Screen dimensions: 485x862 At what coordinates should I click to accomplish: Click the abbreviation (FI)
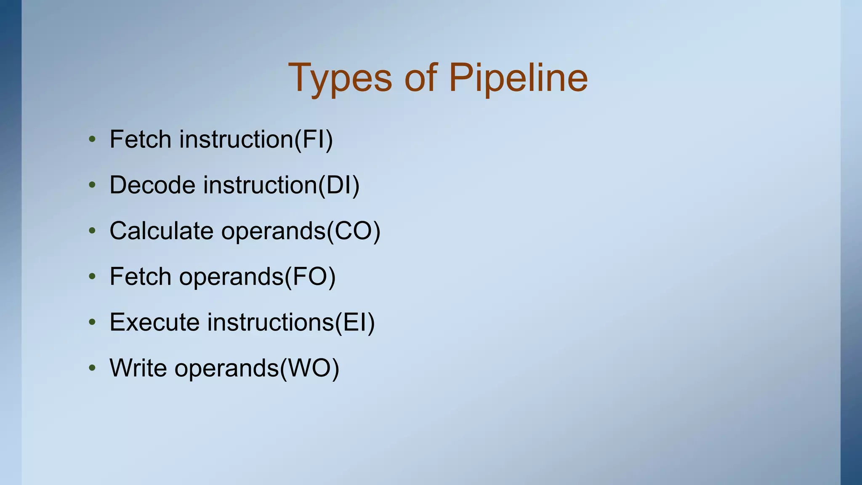(314, 139)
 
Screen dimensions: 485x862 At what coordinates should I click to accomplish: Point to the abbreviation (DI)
(339, 185)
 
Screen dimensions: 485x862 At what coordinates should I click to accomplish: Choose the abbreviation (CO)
(354, 231)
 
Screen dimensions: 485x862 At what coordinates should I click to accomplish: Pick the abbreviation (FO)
(310, 277)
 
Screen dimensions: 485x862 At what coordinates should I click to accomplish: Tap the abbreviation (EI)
(354, 322)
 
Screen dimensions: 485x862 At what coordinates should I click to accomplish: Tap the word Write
(138, 368)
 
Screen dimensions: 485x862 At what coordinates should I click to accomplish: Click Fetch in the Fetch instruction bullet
(140, 139)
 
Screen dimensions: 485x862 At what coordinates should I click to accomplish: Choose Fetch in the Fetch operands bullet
(140, 277)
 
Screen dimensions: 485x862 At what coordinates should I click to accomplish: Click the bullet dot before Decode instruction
(92, 185)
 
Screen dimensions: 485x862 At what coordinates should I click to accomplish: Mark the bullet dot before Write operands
(92, 368)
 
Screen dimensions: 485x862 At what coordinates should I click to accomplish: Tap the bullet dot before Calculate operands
(92, 231)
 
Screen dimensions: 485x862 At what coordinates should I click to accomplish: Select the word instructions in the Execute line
(270, 322)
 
